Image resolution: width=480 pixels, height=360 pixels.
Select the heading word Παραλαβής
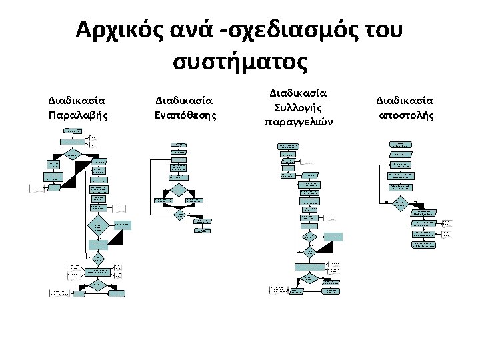pyautogui.click(x=77, y=115)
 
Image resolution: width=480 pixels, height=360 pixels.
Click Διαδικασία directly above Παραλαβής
pyautogui.click(x=77, y=101)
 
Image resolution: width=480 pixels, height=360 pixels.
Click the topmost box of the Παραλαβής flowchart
pyautogui.click(x=73, y=131)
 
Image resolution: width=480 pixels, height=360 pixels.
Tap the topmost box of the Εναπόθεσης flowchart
pyautogui.click(x=179, y=145)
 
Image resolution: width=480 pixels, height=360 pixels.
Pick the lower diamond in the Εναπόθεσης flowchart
pyautogui.click(x=179, y=215)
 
